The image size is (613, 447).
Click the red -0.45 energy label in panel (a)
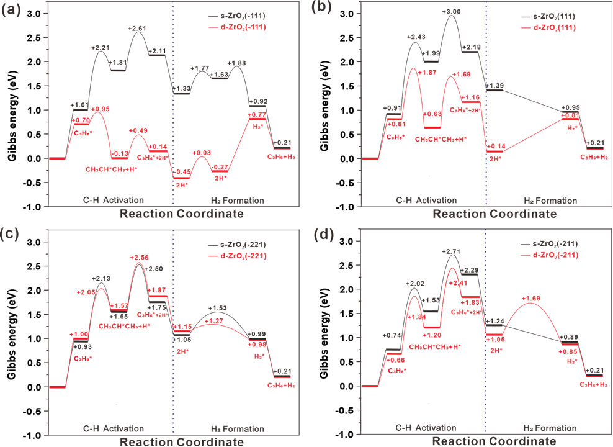[181, 172]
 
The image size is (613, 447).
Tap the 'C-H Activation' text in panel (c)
[114, 429]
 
